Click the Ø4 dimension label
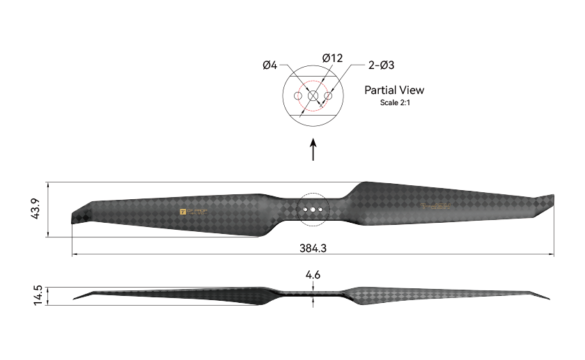point(270,65)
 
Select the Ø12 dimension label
point(332,58)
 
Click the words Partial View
point(394,90)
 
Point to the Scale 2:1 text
point(394,102)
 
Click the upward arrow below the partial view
point(313,149)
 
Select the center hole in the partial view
point(313,95)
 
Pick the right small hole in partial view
point(328,95)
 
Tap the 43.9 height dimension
point(36,210)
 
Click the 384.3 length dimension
point(313,247)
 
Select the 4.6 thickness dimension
point(313,275)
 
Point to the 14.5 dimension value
point(38,295)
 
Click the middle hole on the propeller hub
point(313,208)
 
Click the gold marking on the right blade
point(435,206)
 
